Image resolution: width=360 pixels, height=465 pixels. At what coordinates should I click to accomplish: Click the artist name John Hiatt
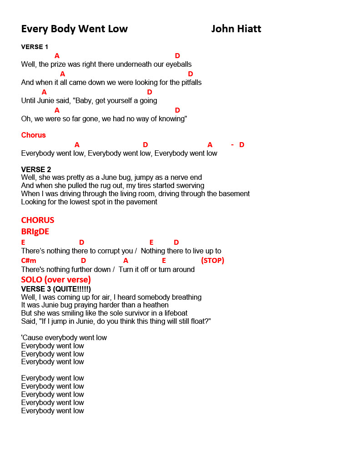click(x=236, y=29)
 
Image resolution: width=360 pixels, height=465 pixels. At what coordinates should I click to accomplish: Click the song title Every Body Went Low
click(x=75, y=29)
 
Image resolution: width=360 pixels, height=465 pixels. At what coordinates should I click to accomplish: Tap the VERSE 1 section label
click(x=35, y=47)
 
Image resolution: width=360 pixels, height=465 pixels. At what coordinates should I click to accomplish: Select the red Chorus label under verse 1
click(x=33, y=135)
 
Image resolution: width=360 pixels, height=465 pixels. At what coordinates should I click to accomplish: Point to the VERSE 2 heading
click(x=36, y=169)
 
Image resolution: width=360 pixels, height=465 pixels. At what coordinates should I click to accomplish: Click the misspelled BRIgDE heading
click(x=35, y=232)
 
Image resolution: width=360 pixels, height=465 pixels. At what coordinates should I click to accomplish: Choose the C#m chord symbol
click(x=29, y=261)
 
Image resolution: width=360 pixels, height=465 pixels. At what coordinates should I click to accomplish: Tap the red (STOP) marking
click(x=212, y=261)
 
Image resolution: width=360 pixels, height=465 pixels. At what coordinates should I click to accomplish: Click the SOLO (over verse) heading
click(x=56, y=279)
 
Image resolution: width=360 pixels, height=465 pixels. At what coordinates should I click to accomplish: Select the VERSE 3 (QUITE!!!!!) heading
click(x=56, y=289)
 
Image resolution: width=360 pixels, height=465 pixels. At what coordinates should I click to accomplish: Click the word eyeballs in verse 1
click(x=179, y=64)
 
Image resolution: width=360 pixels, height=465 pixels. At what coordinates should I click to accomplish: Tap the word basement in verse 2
click(x=233, y=194)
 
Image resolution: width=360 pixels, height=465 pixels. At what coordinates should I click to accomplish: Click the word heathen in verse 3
click(x=155, y=305)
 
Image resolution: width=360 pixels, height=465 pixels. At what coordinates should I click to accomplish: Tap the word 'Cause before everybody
click(x=32, y=338)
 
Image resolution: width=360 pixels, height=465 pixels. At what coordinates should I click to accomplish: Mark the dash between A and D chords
click(x=232, y=145)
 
